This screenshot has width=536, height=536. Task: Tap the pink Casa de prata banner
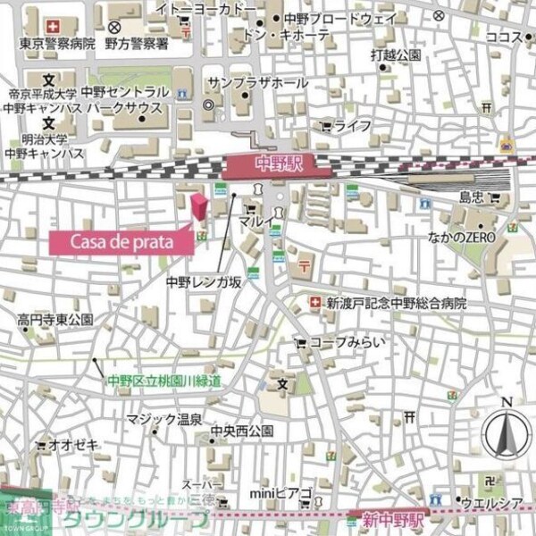click(121, 240)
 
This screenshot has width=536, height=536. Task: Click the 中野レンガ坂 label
click(204, 281)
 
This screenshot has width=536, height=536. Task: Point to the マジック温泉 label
click(163, 419)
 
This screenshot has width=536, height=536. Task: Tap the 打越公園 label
click(397, 56)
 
